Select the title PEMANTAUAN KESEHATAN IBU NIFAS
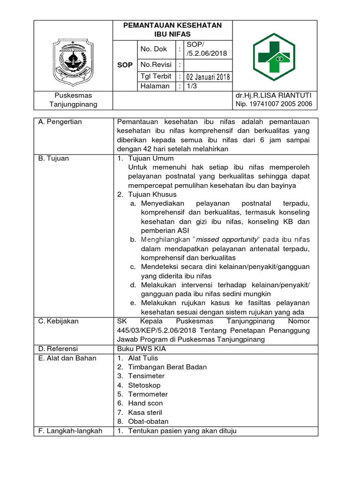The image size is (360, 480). [x=172, y=30]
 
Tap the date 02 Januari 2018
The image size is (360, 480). [x=208, y=77]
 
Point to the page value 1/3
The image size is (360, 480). [x=192, y=86]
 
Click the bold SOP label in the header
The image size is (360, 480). [x=125, y=65]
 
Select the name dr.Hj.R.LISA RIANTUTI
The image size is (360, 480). [x=274, y=96]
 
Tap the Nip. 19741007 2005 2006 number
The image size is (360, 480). [x=274, y=104]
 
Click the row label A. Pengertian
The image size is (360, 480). [x=60, y=122]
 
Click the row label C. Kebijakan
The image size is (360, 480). [x=59, y=322]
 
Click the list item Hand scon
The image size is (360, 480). [x=145, y=403]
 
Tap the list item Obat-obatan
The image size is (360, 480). [x=149, y=421]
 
